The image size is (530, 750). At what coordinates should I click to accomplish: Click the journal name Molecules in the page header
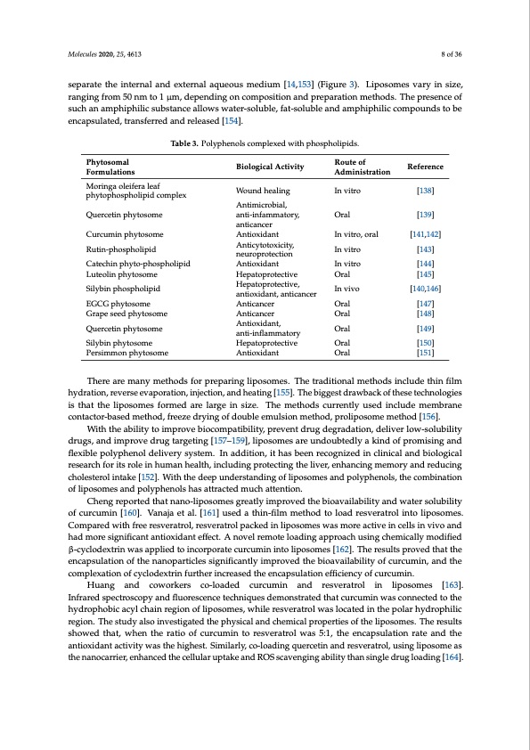tap(83, 53)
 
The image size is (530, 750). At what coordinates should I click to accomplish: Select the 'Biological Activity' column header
tap(270, 167)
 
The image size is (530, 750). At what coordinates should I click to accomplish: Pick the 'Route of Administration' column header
tap(362, 167)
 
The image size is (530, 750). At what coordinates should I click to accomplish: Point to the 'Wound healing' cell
tap(263, 191)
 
